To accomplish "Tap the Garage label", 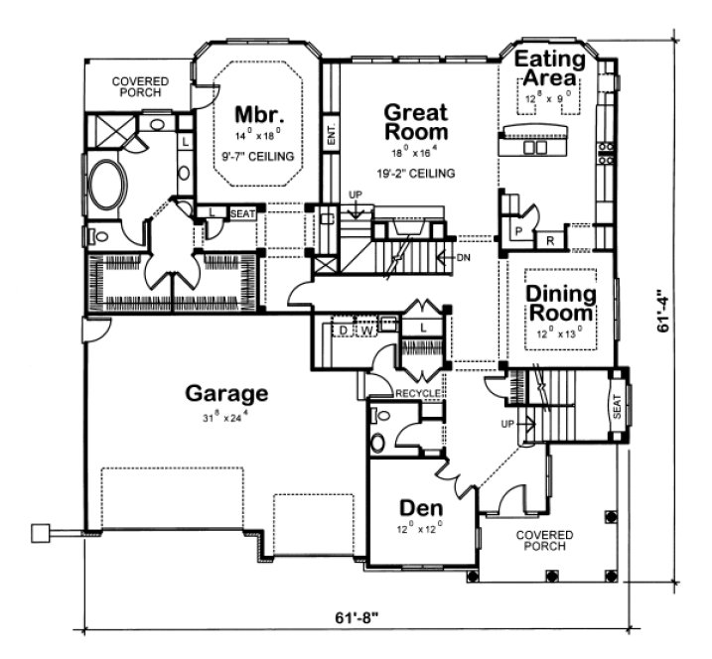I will tap(226, 393).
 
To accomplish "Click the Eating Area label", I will tap(549, 68).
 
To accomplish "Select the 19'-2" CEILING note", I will tap(415, 173).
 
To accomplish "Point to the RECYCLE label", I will tap(418, 394).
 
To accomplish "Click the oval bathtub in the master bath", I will tap(106, 185).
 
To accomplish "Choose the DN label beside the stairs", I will tap(464, 258).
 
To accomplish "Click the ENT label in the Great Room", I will tap(331, 135).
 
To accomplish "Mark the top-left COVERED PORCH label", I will tap(140, 87).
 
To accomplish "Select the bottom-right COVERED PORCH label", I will tap(542, 540).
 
